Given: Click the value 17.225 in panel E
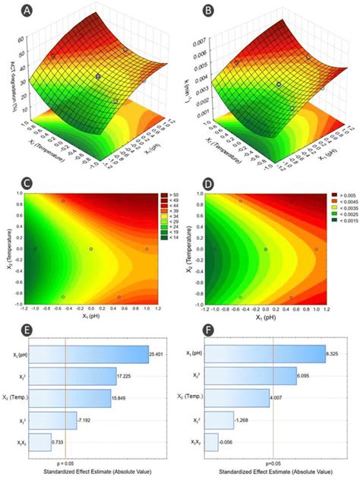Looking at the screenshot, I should pyautogui.click(x=127, y=376).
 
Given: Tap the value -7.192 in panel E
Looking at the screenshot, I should pyautogui.click(x=84, y=419).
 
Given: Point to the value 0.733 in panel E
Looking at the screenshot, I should pyautogui.click(x=57, y=441).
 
